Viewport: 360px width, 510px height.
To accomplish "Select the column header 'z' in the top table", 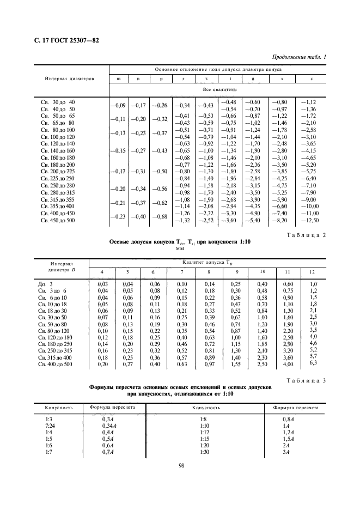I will click(x=311, y=78).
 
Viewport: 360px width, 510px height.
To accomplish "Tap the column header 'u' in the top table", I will click(x=252, y=78).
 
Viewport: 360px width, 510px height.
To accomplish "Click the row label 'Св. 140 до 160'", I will click(x=58, y=150).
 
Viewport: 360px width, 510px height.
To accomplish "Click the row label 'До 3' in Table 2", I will click(x=46, y=284).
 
